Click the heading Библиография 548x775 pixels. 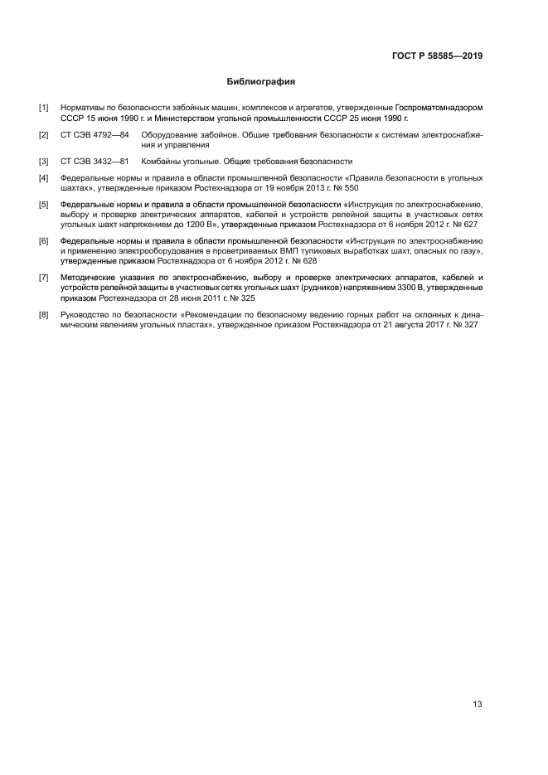(x=261, y=83)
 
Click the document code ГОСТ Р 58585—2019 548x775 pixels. (x=437, y=56)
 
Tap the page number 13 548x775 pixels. (x=478, y=705)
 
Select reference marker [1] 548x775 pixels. (x=43, y=109)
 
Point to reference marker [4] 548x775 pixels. (x=43, y=178)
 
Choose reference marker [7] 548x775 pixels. (x=43, y=277)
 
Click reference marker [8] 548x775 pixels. (x=43, y=316)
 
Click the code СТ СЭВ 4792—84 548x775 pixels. (x=95, y=134)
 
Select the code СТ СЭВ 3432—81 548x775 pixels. (x=95, y=162)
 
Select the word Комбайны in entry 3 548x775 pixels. (x=162, y=162)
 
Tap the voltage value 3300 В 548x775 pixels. (x=384, y=287)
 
